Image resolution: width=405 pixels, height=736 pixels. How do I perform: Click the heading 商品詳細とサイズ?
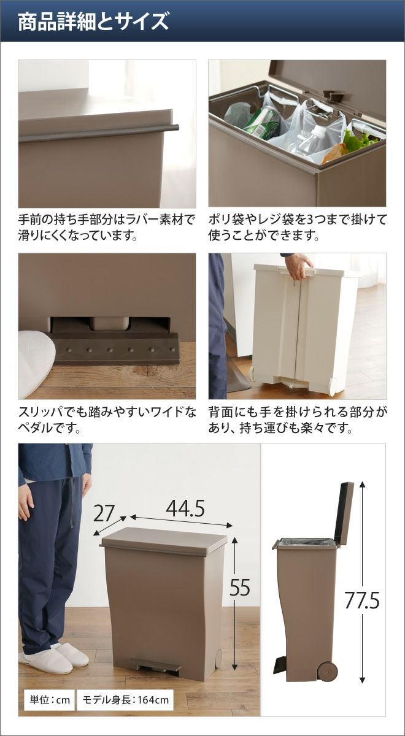[93, 21]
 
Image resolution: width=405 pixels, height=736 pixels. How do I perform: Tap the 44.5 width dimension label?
[185, 508]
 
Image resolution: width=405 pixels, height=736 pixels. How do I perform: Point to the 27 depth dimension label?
[104, 513]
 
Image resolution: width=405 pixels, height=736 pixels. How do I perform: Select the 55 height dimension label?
[240, 587]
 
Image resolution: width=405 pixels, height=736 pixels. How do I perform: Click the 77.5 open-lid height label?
[362, 600]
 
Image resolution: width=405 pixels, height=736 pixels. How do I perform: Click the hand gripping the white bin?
[298, 266]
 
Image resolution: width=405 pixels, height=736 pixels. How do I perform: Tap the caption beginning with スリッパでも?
[107, 420]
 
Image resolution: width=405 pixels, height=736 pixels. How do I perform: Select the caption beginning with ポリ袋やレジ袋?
[297, 227]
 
